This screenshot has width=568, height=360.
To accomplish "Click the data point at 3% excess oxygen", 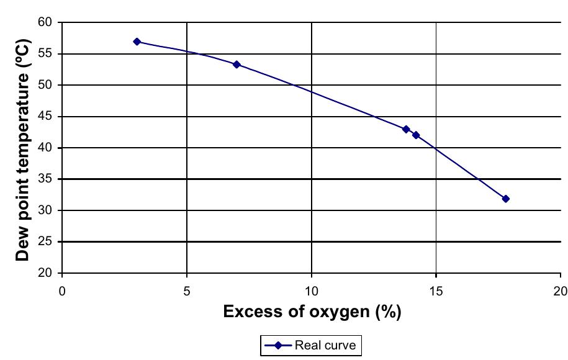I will (x=137, y=42).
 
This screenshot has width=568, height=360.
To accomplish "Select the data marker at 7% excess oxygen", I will (x=237, y=65).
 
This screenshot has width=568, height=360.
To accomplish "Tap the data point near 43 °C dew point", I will (x=406, y=129).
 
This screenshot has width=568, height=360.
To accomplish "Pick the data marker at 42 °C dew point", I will (x=416, y=135).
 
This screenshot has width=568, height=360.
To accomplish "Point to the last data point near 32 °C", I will (x=505, y=199).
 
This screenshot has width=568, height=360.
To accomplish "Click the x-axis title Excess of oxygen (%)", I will (x=312, y=312).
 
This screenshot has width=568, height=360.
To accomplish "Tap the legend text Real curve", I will (x=326, y=346).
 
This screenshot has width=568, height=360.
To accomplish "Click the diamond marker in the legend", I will (x=278, y=346).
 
